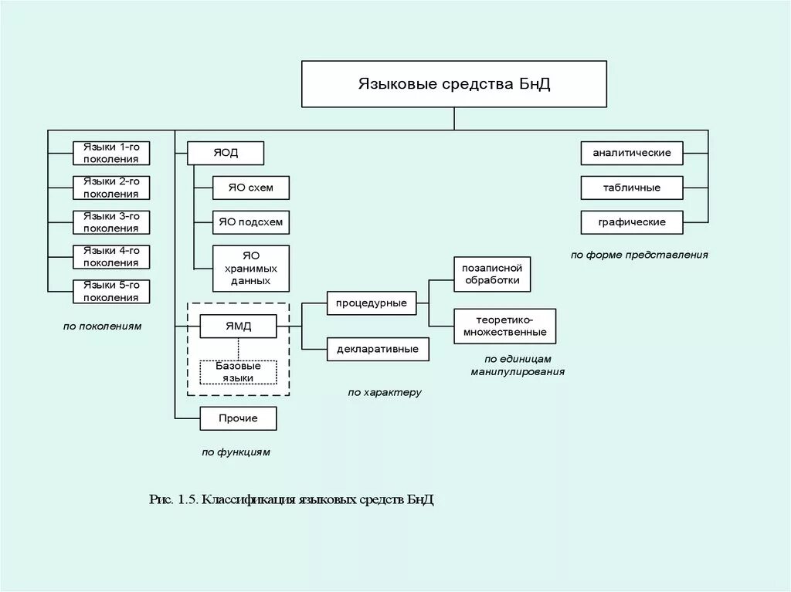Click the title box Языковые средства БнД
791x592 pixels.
453,83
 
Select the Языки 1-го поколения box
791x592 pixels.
111,153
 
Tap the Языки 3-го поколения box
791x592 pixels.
111,222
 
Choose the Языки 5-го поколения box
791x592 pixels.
111,291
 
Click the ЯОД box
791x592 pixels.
226,153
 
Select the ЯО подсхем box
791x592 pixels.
250,222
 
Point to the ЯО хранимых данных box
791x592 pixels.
250,268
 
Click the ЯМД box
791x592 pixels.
238,326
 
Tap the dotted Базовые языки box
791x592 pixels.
238,372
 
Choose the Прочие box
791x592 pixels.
238,418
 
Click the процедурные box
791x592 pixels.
371,303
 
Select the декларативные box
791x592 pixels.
377,349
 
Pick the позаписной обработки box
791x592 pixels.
492,274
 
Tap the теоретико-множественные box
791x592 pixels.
505,326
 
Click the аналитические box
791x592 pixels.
632,153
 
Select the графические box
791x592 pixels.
632,222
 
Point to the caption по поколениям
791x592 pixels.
103,326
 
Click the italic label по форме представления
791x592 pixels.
640,255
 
